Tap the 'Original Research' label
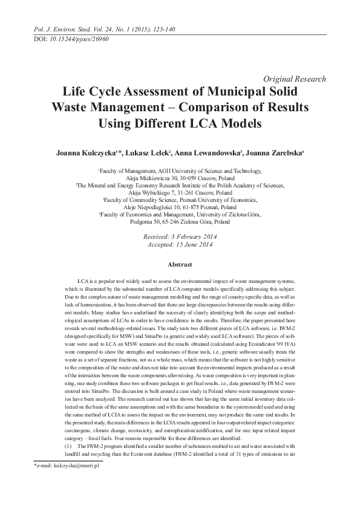click(x=295, y=79)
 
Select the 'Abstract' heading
click(x=179, y=265)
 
